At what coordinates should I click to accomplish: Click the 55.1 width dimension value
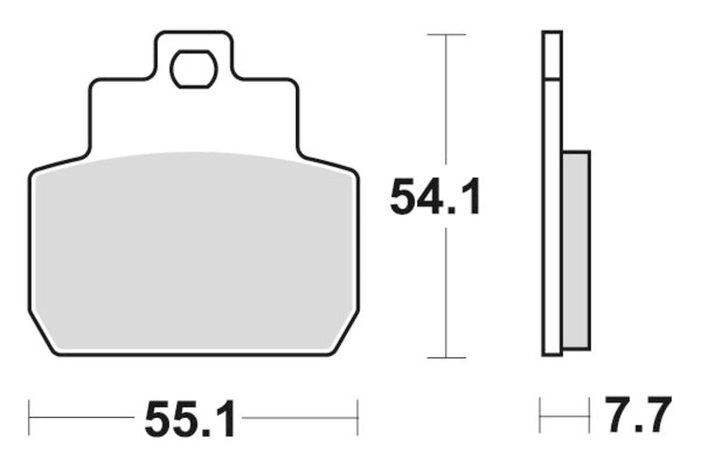point(190,421)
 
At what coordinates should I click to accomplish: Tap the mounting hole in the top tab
point(194,69)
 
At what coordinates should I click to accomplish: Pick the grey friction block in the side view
point(575,249)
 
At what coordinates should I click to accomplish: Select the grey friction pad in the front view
point(194,250)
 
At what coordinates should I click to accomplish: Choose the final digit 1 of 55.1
point(224,421)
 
